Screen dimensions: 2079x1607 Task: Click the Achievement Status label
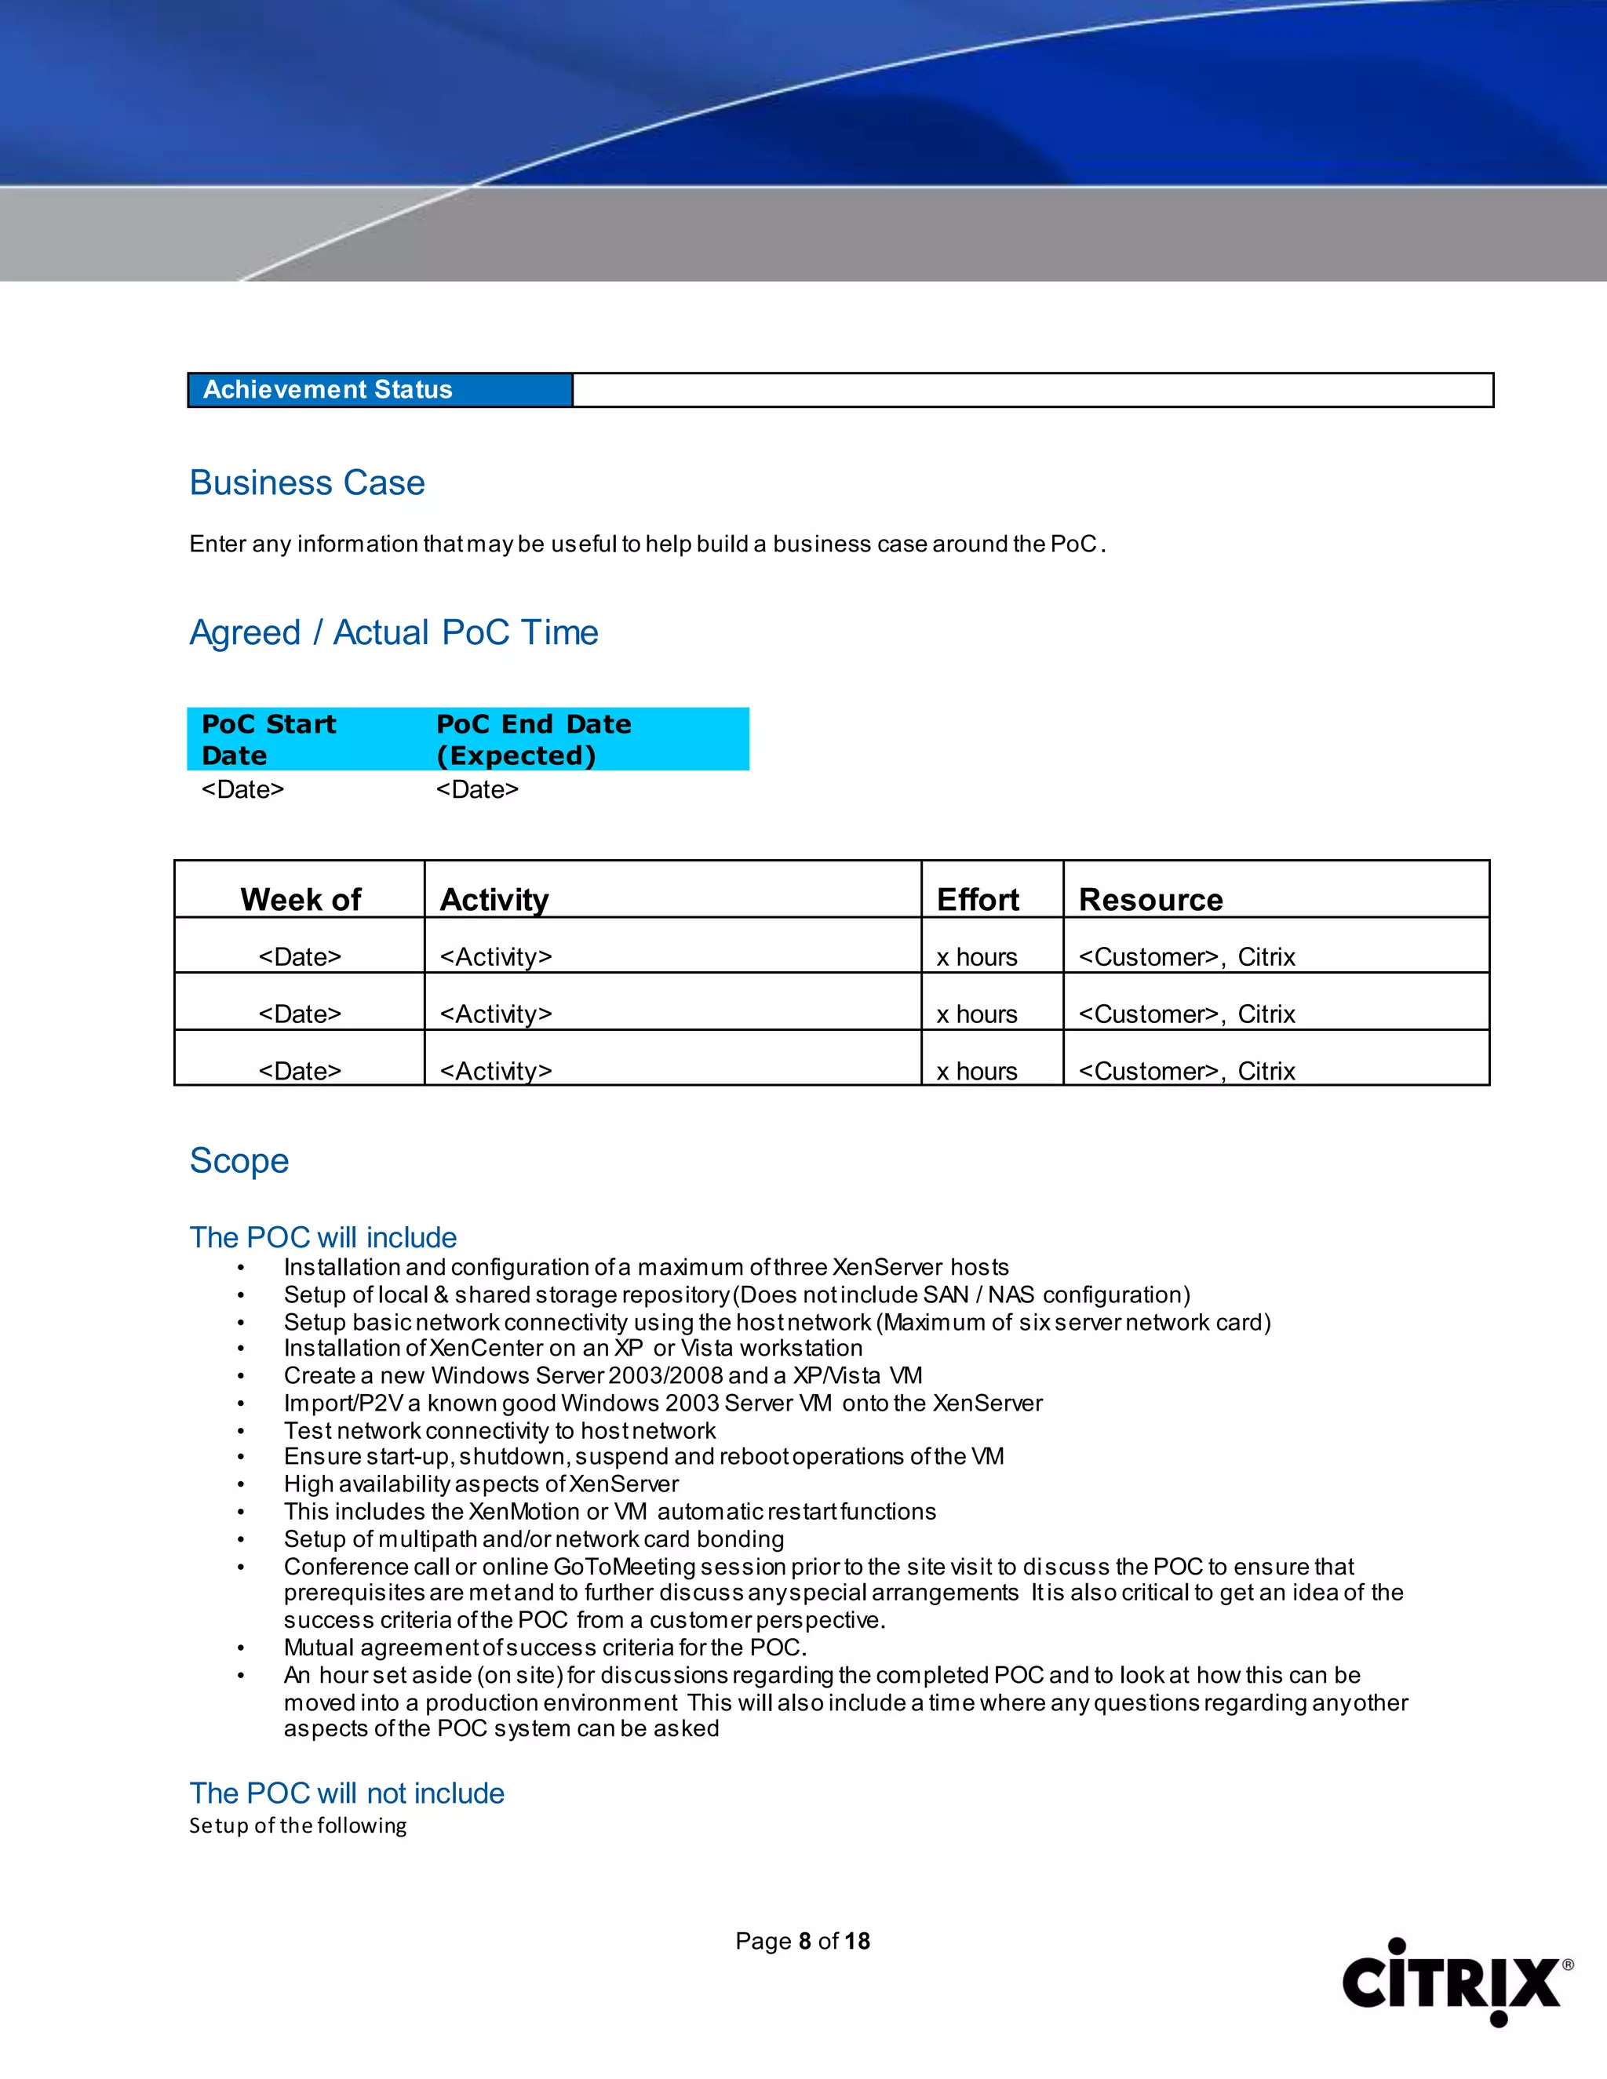[x=327, y=389]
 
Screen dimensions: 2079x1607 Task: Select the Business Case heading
[x=307, y=482]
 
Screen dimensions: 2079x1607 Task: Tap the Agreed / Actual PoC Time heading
[x=393, y=632]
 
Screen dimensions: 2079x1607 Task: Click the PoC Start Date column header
[x=268, y=739]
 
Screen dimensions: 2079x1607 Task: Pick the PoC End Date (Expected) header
[x=533, y=739]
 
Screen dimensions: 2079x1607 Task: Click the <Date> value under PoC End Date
[x=477, y=789]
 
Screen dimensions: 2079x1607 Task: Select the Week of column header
[x=300, y=900]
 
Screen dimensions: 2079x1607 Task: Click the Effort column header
[x=978, y=900]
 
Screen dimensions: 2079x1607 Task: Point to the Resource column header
[x=1150, y=900]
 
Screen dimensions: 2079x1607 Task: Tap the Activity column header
[x=494, y=900]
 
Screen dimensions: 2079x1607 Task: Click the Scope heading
[x=239, y=1160]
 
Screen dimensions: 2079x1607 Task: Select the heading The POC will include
[x=322, y=1236]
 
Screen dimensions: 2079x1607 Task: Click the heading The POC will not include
[x=347, y=1793]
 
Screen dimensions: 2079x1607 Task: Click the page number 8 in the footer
[x=804, y=1941]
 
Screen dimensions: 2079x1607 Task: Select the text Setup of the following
[x=298, y=1825]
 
